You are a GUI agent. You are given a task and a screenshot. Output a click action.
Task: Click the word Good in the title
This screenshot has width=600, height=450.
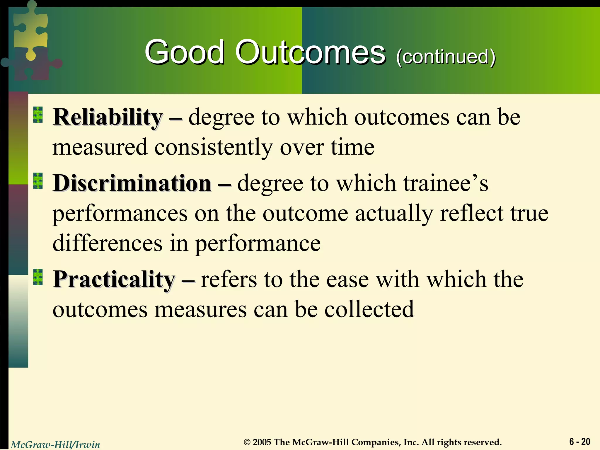184,53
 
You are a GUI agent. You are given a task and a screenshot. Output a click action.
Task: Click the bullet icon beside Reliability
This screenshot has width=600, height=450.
38,115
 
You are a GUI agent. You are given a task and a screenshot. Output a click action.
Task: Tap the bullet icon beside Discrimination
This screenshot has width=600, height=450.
38,181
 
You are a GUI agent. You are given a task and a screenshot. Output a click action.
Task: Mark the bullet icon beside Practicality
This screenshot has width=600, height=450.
38,277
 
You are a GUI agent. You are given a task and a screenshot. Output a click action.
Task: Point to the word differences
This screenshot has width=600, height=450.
107,243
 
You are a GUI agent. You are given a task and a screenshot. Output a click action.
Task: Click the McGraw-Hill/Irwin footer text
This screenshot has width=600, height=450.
55,444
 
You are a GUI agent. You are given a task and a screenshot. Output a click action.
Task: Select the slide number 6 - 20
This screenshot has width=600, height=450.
579,442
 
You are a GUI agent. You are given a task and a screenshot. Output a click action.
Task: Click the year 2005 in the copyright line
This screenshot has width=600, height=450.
262,442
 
